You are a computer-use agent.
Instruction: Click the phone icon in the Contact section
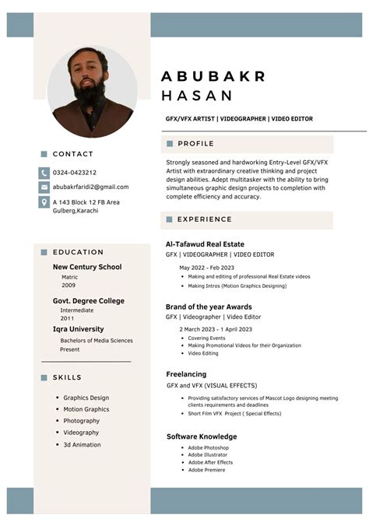(44, 172)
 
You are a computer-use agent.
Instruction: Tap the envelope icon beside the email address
(44, 187)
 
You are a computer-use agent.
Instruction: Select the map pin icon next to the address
(44, 202)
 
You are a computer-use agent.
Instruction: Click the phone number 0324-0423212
(75, 172)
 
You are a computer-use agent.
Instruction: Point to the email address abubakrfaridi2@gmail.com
(90, 187)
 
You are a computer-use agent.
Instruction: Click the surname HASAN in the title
(197, 96)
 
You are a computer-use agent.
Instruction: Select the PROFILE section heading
(195, 144)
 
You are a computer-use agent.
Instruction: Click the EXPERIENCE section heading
(205, 219)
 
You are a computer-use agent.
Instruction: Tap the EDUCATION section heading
(78, 252)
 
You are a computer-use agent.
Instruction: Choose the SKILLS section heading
(67, 377)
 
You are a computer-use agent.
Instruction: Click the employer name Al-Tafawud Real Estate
(205, 244)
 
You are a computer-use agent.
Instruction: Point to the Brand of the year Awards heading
(209, 307)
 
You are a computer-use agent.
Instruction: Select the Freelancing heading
(186, 374)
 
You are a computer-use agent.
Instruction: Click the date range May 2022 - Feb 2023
(206, 268)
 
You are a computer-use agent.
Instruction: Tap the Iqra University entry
(78, 329)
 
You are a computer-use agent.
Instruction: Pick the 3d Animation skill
(82, 445)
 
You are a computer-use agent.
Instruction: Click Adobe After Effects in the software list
(210, 462)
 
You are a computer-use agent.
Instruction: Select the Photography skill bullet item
(81, 421)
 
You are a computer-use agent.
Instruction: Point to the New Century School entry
(87, 267)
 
